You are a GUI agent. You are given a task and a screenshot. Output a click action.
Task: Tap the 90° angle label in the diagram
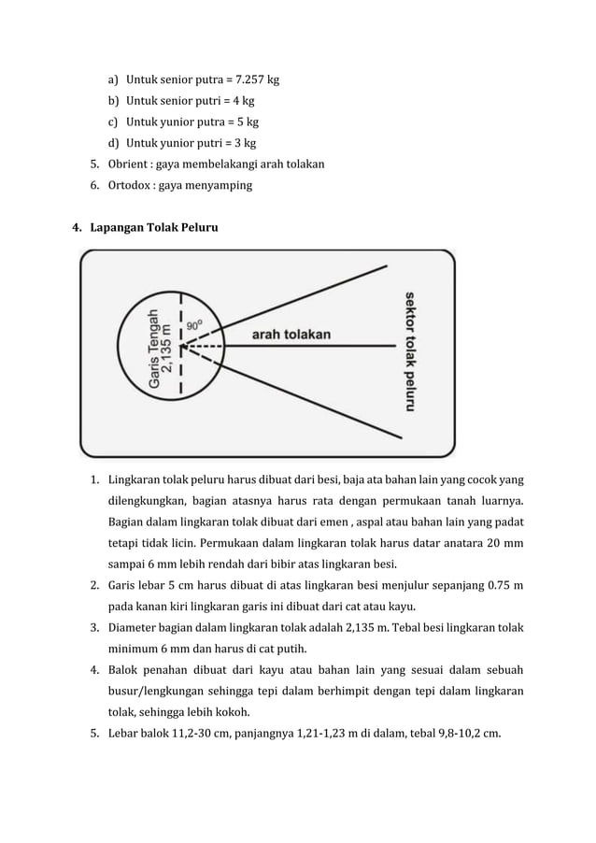click(x=195, y=325)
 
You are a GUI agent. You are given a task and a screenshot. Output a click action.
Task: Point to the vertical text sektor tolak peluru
click(x=408, y=350)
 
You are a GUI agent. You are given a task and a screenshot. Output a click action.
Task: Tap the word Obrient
click(x=128, y=164)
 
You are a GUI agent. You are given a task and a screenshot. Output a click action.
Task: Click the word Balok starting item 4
click(x=125, y=670)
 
